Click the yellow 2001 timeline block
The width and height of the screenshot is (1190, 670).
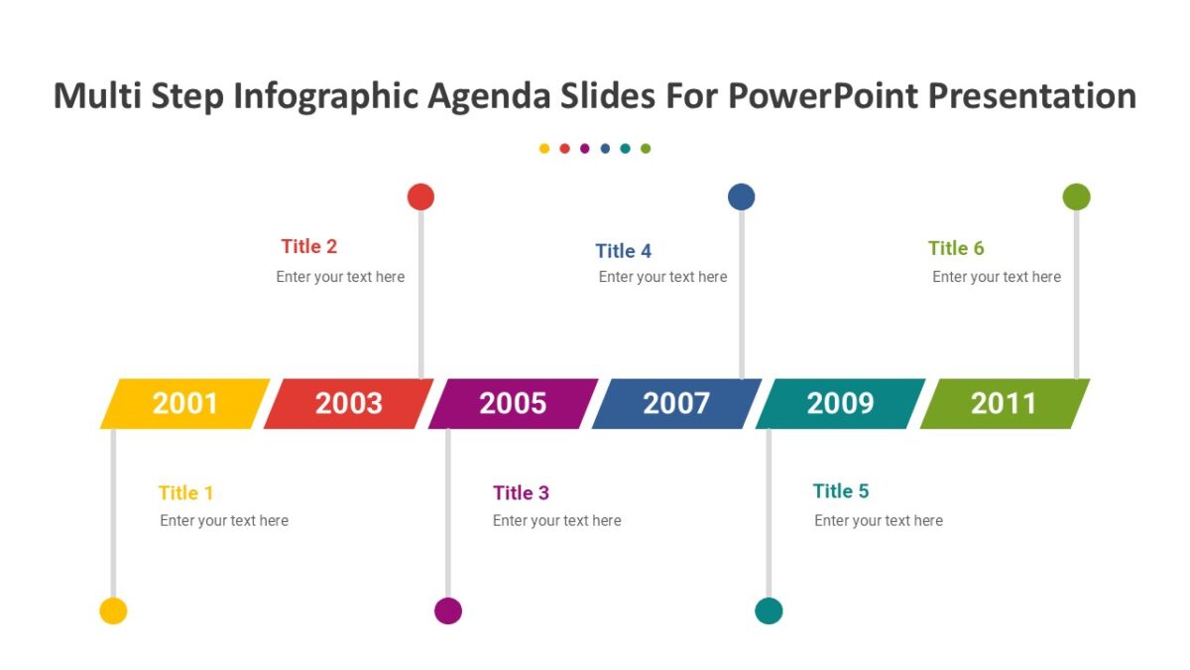click(x=185, y=404)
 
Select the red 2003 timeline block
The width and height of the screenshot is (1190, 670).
click(x=349, y=404)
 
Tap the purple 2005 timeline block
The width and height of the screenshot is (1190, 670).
click(x=513, y=404)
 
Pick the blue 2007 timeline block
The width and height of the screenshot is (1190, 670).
click(x=676, y=404)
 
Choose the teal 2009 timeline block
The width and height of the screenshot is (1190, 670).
click(x=840, y=404)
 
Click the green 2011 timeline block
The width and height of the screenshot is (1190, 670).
click(x=1004, y=404)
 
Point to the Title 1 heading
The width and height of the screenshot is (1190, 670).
click(x=185, y=493)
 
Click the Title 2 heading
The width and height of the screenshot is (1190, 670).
click(x=309, y=247)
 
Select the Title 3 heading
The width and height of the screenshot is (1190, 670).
click(x=521, y=493)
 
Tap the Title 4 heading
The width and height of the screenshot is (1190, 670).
click(x=624, y=251)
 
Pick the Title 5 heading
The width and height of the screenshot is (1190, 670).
click(x=841, y=491)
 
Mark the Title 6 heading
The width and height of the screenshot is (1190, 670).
click(x=956, y=248)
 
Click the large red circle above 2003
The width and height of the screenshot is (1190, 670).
click(x=420, y=197)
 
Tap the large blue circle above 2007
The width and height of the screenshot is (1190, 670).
click(x=741, y=197)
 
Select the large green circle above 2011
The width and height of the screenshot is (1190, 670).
click(x=1076, y=197)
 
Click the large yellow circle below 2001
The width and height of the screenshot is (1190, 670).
click(x=113, y=610)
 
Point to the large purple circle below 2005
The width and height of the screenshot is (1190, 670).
click(x=448, y=610)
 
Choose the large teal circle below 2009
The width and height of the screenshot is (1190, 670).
click(x=769, y=610)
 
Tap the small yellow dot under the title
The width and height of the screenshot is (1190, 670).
click(x=544, y=149)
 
